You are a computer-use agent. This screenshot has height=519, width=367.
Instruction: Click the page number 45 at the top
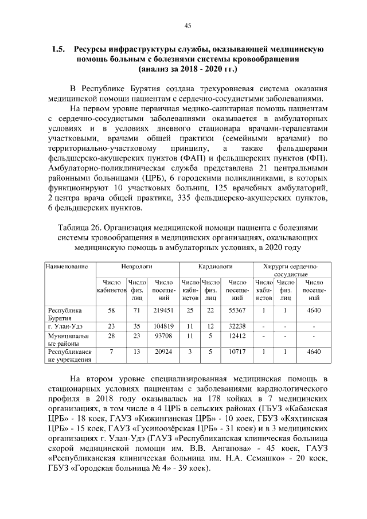click(188, 25)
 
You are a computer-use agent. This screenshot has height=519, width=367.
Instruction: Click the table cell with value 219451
click(163, 310)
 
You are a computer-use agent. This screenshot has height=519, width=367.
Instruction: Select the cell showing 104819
click(163, 326)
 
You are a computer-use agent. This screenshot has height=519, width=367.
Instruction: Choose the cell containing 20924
click(163, 351)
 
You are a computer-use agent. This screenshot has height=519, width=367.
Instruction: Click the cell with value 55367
click(237, 310)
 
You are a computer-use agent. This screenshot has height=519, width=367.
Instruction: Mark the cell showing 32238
click(237, 326)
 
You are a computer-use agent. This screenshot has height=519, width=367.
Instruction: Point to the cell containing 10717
click(237, 351)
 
